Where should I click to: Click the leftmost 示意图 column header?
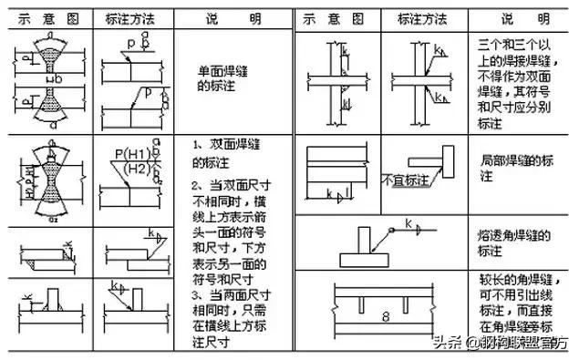coord(45,17)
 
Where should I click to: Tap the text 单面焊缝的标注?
coord(233,77)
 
